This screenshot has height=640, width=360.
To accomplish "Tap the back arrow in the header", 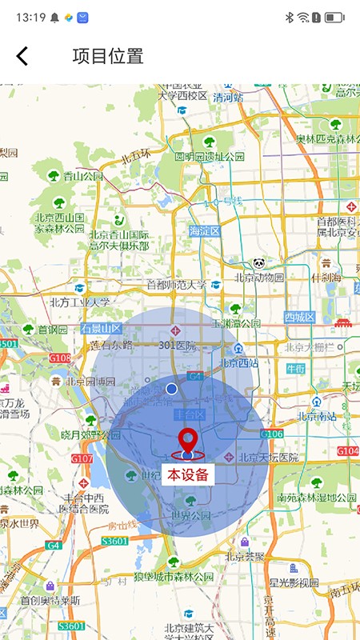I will click(x=22, y=56).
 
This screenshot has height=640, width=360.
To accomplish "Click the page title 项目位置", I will click(x=108, y=56).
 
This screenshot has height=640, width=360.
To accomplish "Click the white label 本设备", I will click(x=188, y=474).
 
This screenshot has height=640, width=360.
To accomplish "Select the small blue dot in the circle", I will click(x=171, y=389).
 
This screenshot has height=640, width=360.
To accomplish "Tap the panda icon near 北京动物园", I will click(x=259, y=263).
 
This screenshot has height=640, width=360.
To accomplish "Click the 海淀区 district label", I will click(x=204, y=231).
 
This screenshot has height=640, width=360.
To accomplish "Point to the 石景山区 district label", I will click(x=100, y=329).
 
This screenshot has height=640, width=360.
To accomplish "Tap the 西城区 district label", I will click(x=301, y=318).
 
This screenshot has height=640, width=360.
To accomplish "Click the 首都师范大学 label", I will click(x=176, y=285).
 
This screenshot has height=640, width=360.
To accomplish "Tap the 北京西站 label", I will click(x=238, y=362).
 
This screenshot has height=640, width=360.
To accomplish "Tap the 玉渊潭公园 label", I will click(x=236, y=324).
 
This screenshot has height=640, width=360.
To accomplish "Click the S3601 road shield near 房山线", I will click(x=115, y=542).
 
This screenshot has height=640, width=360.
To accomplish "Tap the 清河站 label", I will click(x=228, y=97).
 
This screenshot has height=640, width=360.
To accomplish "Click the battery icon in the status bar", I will click(x=334, y=16).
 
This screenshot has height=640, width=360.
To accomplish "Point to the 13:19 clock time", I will click(x=30, y=16).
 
